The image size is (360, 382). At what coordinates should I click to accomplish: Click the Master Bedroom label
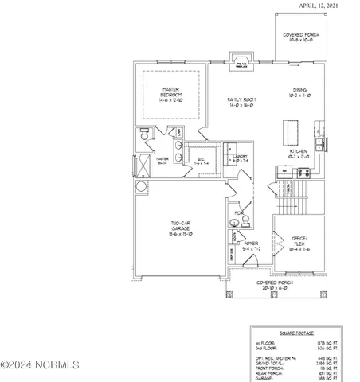click(168, 93)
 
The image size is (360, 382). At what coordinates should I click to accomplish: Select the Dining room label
click(300, 94)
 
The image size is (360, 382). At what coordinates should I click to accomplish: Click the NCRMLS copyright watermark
click(40, 365)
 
